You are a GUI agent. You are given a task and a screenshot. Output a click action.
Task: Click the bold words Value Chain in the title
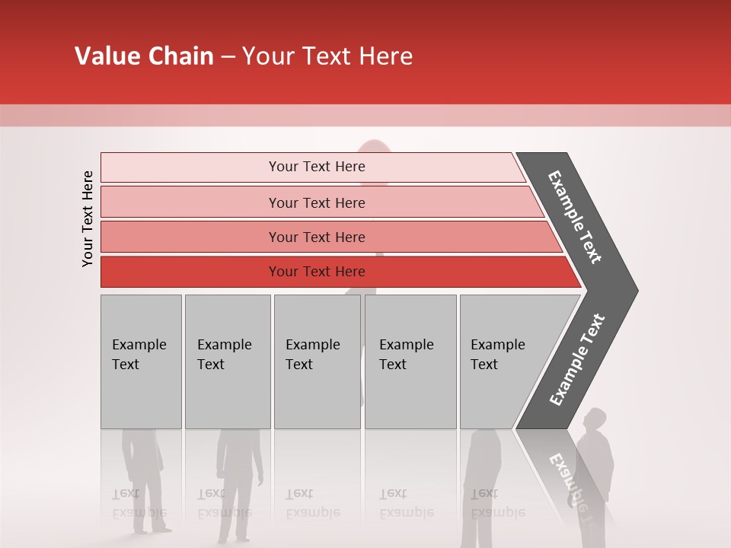click(144, 56)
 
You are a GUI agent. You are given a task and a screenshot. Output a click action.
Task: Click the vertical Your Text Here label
click(88, 218)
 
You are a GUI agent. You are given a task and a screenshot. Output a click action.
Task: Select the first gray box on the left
click(141, 362)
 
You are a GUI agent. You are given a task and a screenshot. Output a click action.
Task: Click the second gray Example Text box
click(228, 362)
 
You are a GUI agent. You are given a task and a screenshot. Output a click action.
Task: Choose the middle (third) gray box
click(317, 362)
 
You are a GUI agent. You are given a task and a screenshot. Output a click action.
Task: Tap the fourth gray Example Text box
click(410, 362)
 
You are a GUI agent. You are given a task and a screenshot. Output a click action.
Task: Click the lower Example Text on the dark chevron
click(577, 360)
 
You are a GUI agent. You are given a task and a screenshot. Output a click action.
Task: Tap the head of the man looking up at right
click(595, 419)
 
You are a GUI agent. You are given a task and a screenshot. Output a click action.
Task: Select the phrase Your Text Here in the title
click(327, 56)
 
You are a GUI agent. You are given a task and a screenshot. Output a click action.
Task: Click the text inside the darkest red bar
click(317, 272)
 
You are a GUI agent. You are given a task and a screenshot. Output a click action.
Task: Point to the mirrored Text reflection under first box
click(126, 493)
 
